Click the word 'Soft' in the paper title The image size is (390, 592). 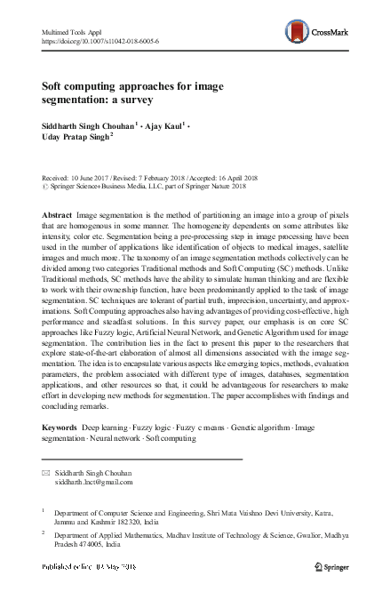click(x=54, y=88)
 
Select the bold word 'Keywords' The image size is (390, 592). click(x=60, y=428)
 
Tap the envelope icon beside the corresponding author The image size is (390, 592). click(x=46, y=475)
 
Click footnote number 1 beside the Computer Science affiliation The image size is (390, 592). click(x=44, y=511)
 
